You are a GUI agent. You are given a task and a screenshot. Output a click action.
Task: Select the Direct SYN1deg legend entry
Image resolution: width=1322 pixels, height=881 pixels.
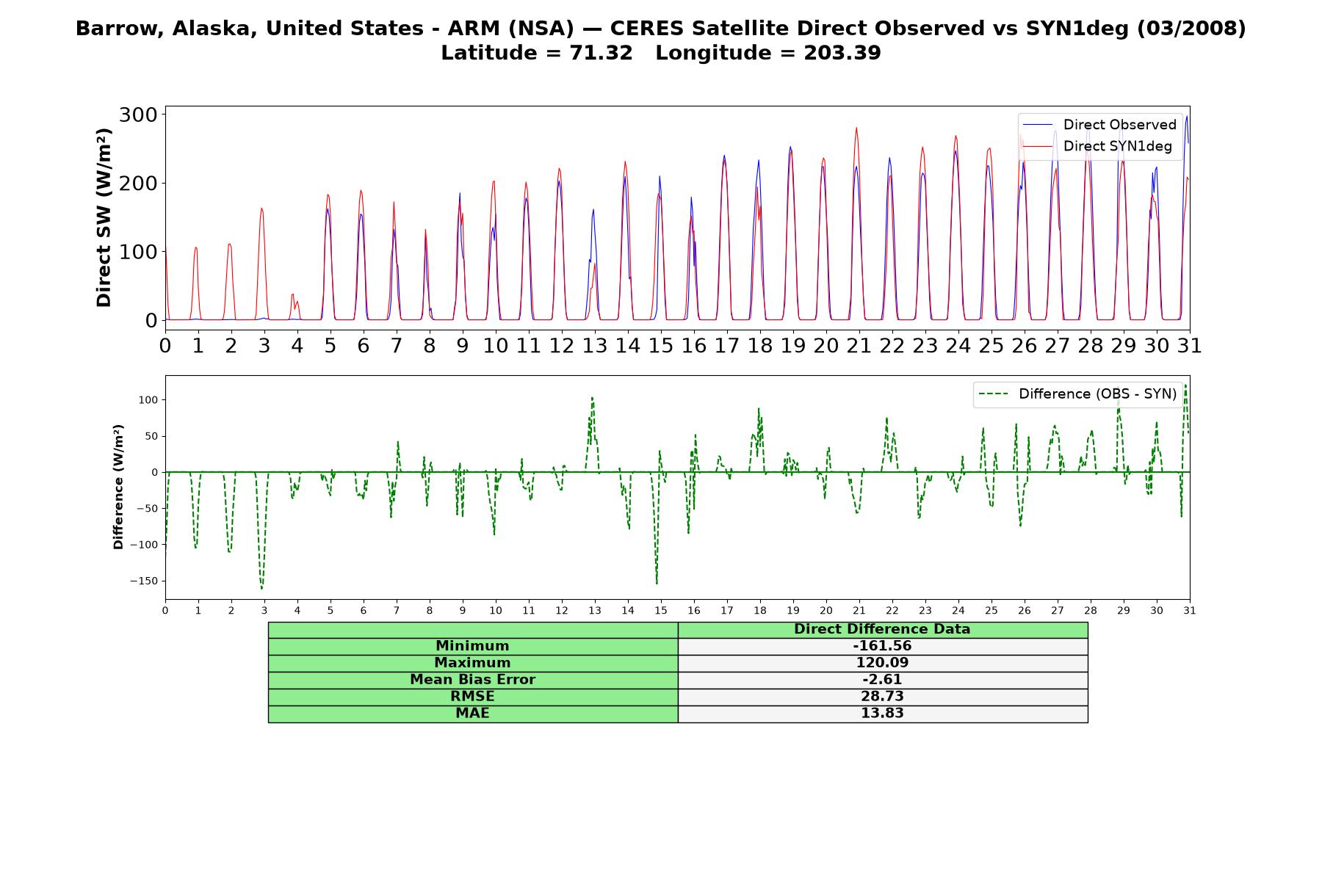(1097, 146)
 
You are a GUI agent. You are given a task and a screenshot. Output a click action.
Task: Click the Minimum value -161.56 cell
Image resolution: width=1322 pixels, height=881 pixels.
(882, 646)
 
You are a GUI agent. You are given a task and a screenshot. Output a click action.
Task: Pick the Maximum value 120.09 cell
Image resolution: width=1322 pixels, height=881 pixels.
(882, 663)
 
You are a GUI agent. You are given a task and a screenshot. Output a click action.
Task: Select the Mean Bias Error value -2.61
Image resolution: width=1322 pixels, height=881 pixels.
(882, 680)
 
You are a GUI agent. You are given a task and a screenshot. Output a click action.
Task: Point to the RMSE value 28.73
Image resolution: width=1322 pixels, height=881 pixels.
(882, 697)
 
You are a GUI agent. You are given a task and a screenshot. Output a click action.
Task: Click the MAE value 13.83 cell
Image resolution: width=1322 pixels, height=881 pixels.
(882, 714)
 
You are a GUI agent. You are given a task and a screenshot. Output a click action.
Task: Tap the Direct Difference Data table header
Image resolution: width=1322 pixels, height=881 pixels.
(882, 629)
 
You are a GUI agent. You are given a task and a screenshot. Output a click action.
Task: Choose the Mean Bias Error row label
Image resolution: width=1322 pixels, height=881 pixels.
(472, 680)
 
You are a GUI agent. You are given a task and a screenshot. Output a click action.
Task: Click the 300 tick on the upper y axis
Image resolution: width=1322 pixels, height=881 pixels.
(138, 115)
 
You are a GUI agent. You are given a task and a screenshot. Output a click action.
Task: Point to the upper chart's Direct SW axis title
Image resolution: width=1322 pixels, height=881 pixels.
(104, 217)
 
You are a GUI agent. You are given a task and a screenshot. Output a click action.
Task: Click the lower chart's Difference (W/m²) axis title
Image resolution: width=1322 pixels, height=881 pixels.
(118, 487)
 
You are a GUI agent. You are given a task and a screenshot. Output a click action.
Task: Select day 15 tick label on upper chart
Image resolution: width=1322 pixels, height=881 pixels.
(661, 345)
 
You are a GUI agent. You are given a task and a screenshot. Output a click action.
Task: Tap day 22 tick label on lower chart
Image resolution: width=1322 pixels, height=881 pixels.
(892, 610)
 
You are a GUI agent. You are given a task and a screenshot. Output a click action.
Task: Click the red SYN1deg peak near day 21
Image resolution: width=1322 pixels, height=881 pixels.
(856, 128)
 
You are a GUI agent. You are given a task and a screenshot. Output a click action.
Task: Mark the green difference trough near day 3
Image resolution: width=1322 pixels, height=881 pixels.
(261, 588)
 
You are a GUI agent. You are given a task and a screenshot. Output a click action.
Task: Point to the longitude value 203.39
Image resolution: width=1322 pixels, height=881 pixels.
(842, 53)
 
